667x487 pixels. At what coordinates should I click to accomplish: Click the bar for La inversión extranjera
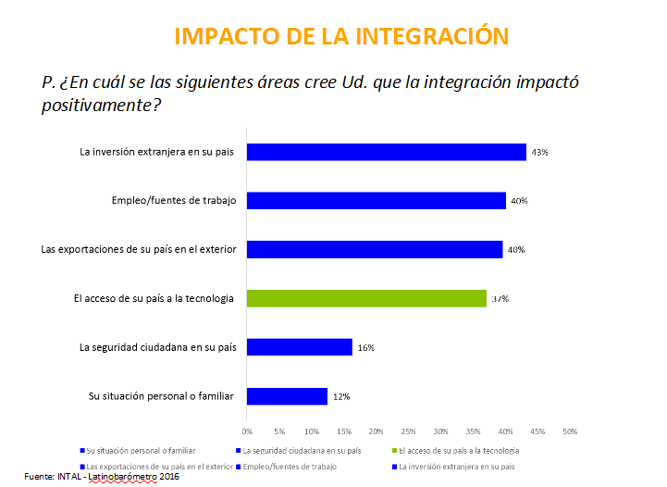click(x=386, y=152)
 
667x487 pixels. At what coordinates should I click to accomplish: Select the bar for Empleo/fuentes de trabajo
click(x=376, y=200)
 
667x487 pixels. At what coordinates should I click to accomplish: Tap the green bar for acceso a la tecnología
click(x=366, y=298)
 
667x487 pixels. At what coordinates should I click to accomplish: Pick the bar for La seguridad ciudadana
click(x=299, y=347)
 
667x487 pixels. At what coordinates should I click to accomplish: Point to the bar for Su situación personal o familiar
click(x=287, y=396)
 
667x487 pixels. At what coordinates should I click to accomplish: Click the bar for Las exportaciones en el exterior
click(x=375, y=249)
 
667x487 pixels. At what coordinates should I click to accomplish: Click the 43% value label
click(x=539, y=152)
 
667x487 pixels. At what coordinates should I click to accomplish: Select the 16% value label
click(x=364, y=348)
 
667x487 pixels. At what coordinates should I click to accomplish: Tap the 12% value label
click(x=340, y=397)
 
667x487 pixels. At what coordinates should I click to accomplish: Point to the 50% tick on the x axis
click(x=570, y=431)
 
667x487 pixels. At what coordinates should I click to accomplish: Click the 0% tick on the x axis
click(x=247, y=431)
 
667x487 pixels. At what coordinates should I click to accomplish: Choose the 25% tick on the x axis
click(x=408, y=431)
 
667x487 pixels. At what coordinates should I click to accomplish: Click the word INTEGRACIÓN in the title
click(x=432, y=36)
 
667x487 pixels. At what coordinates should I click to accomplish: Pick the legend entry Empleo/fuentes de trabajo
click(x=288, y=466)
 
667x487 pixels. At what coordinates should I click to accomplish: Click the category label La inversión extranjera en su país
click(x=158, y=152)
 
